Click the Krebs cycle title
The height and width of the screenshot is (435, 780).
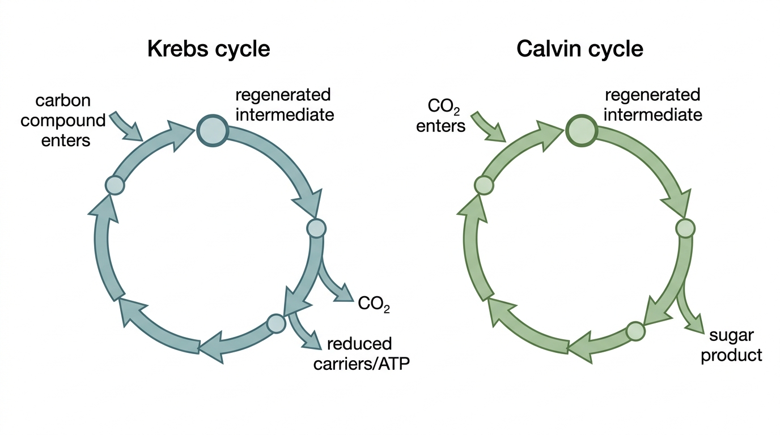[x=209, y=49]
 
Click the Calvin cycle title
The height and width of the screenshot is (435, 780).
[x=580, y=49]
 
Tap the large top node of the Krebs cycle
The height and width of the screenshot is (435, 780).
[x=213, y=130]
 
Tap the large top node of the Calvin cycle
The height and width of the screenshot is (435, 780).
[x=582, y=130]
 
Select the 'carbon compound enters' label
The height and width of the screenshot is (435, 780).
[x=63, y=121]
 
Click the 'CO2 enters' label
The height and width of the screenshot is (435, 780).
[x=440, y=116]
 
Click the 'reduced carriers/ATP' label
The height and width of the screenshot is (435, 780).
[x=362, y=353]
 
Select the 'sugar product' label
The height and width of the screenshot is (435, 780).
[x=731, y=345]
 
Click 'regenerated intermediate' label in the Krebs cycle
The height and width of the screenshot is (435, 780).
[x=285, y=105]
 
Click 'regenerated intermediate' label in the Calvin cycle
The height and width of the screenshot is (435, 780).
[x=653, y=105]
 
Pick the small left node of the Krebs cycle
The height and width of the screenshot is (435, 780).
[x=115, y=185]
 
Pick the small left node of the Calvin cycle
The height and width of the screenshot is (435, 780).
[x=484, y=185]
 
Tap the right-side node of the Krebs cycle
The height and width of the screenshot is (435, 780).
[x=316, y=228]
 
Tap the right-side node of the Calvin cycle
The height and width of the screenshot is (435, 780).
[x=685, y=228]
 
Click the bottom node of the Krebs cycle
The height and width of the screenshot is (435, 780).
[x=276, y=323]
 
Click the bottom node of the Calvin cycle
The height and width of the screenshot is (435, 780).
[x=635, y=331]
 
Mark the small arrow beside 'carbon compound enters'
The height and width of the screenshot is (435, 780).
[x=126, y=126]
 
